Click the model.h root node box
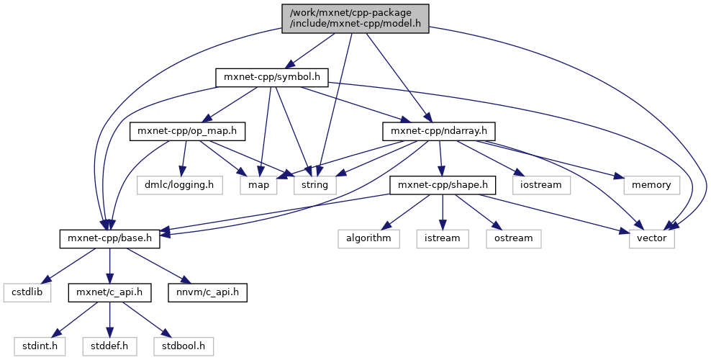point(355,17)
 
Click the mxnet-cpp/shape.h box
point(443,185)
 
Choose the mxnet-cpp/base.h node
point(109,238)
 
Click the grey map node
point(259,185)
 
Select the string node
point(314,185)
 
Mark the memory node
point(651,185)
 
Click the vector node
point(651,238)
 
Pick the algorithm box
point(369,238)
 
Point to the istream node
point(443,238)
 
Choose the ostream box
point(512,238)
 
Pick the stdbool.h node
point(183,346)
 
